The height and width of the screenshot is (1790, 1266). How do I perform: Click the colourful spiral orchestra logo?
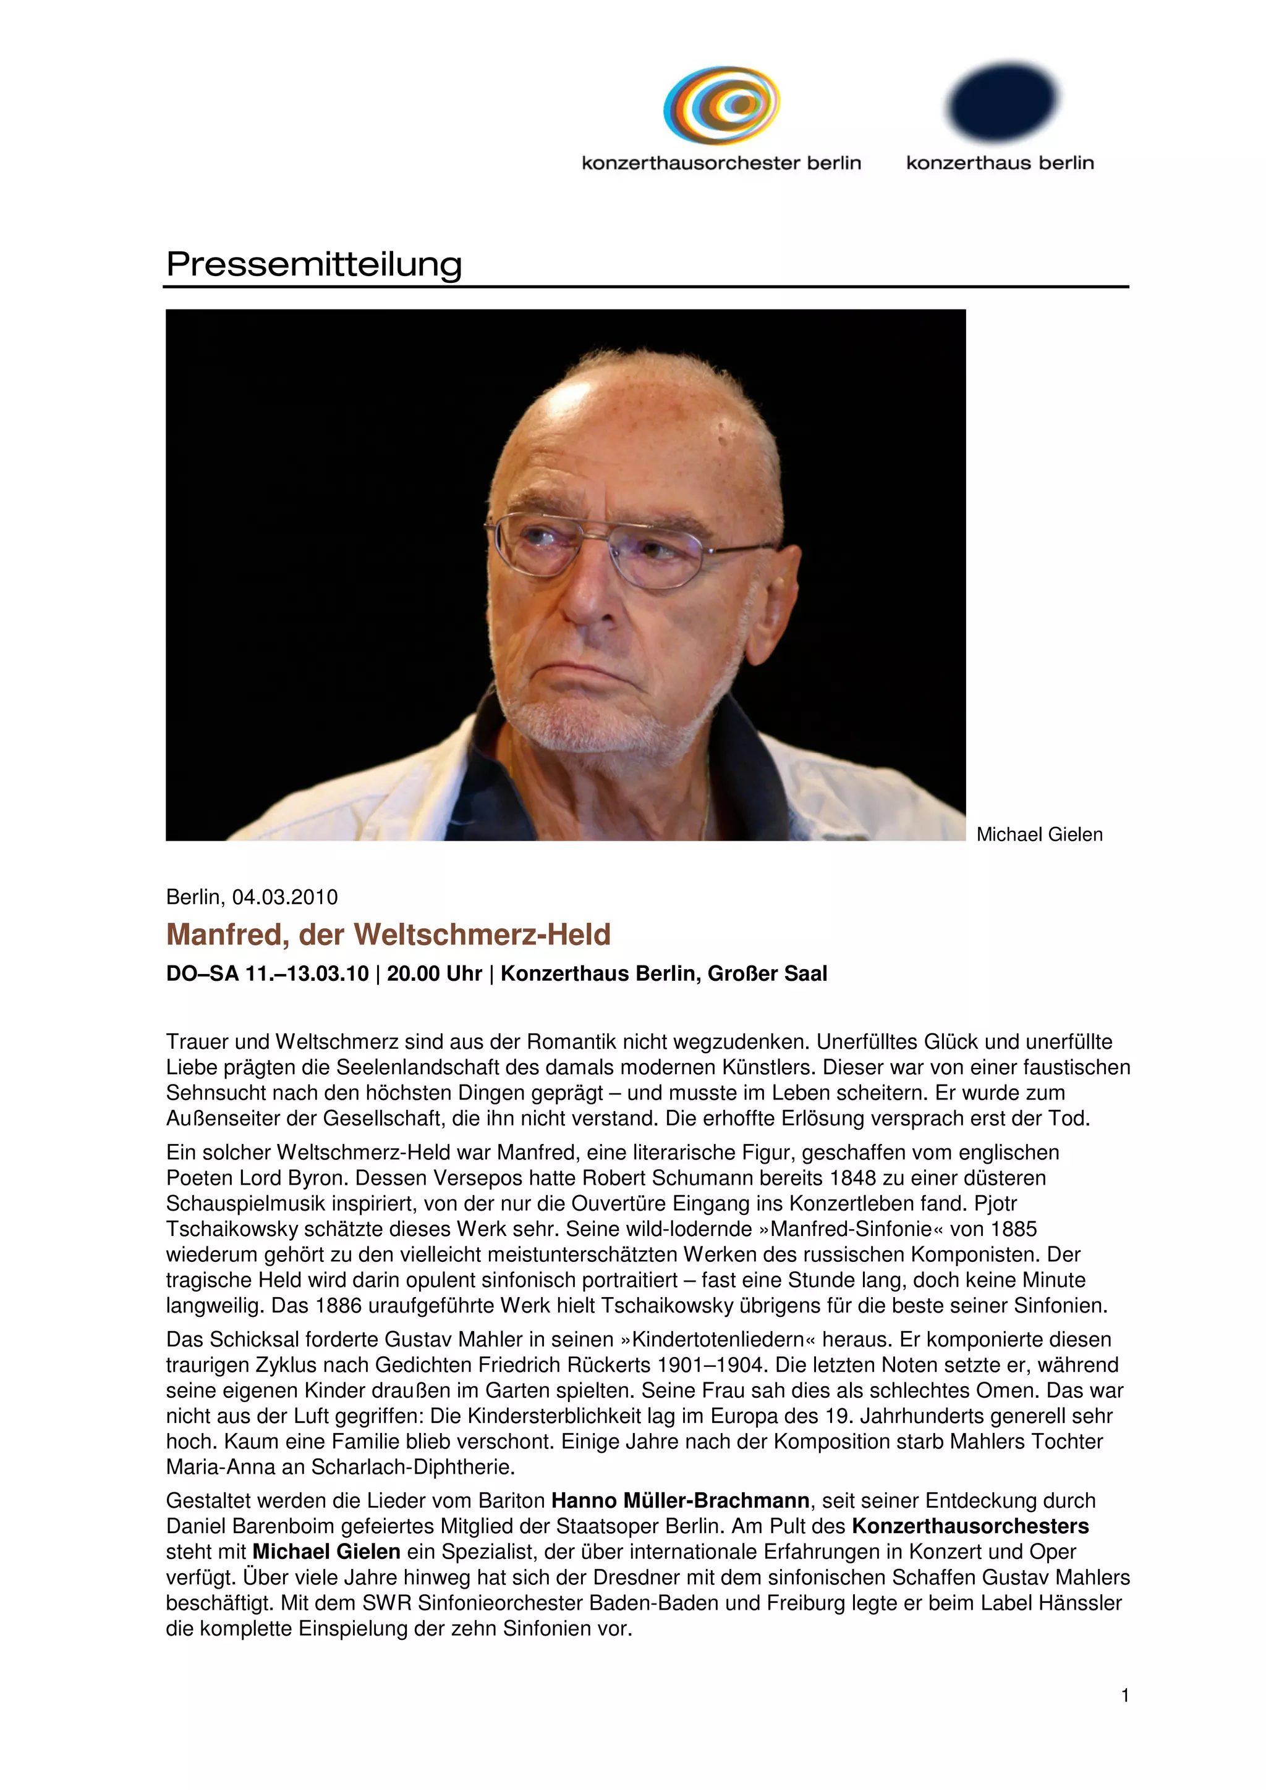pos(721,105)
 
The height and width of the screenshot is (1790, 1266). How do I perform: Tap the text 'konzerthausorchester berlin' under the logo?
pos(721,163)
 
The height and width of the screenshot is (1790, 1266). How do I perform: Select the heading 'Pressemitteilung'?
pos(315,264)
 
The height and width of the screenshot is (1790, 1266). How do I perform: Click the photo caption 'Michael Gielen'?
pos(1039,834)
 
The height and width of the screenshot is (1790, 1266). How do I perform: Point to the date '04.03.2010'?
pos(285,897)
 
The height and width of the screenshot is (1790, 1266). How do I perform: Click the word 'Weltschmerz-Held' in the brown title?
pos(482,934)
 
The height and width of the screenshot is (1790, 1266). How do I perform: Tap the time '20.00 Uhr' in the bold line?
pos(435,973)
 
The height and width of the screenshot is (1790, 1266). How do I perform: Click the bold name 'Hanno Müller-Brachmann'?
pos(680,1501)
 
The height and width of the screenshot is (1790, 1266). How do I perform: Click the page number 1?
pos(1125,1695)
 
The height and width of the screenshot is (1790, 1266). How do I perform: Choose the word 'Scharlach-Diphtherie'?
pos(413,1467)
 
